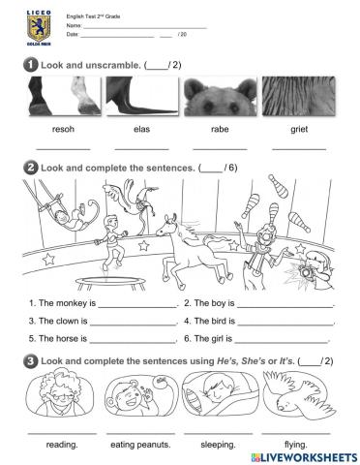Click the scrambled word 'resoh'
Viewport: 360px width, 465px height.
pyautogui.click(x=63, y=127)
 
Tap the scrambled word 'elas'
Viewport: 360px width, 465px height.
pyautogui.click(x=141, y=127)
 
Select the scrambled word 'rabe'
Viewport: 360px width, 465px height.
pyautogui.click(x=219, y=127)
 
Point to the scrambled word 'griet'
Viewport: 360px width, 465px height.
pyautogui.click(x=298, y=127)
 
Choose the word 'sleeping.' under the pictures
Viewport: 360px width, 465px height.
pyautogui.click(x=219, y=445)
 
